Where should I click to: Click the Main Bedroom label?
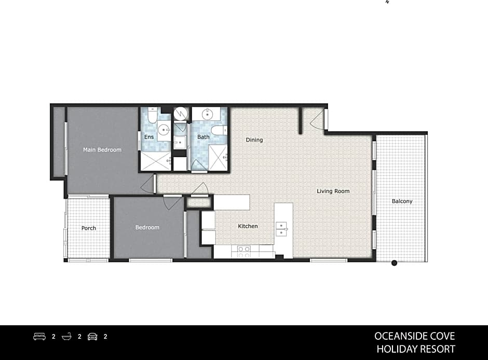102,150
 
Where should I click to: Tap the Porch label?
89,228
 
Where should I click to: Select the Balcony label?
402,201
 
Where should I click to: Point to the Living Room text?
333,191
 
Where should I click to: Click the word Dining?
254,140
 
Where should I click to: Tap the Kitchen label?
248,226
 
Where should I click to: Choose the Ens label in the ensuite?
149,137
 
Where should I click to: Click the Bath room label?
203,137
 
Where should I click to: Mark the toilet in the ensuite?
152,115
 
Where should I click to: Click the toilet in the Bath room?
218,130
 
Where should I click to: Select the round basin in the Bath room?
207,114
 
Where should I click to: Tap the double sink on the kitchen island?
281,229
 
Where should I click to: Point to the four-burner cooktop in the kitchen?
244,252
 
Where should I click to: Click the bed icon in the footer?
39,337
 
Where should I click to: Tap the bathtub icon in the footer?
66,337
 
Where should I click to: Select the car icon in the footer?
92,337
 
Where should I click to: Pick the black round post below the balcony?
394,263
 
